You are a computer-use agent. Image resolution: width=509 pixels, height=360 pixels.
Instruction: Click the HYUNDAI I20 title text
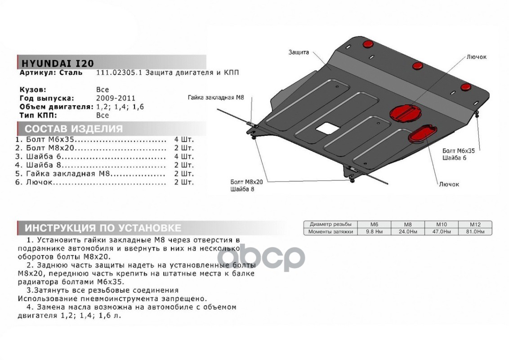(58, 63)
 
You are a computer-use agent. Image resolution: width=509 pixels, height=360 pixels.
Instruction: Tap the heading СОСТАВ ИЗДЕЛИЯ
(73, 129)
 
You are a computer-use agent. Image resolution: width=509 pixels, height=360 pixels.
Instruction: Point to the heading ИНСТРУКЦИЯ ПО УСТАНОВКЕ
(103, 227)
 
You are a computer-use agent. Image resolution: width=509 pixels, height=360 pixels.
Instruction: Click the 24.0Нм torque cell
(407, 232)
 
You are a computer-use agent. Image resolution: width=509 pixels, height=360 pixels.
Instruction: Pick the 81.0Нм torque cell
(475, 232)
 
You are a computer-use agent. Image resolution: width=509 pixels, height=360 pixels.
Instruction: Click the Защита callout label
(298, 53)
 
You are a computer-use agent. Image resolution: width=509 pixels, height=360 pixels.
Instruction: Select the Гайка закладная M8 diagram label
(215, 97)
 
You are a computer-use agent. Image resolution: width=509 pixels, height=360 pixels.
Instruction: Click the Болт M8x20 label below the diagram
(246, 181)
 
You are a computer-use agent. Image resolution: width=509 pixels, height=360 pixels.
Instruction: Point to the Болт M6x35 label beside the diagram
(458, 151)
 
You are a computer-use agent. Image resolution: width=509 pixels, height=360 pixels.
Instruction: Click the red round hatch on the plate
(405, 112)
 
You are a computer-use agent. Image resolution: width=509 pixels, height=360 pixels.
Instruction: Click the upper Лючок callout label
(477, 57)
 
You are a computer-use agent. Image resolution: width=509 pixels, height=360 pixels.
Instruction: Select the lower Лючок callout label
(449, 184)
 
